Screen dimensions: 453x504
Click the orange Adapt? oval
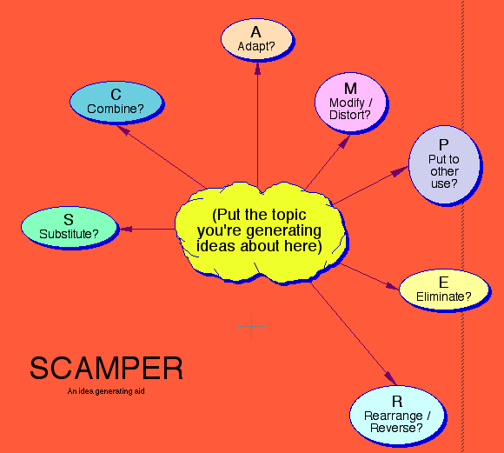coord(256,40)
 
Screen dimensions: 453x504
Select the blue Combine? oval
coord(116,101)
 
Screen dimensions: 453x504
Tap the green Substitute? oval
coord(68,228)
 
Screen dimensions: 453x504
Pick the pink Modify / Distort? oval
coord(350,102)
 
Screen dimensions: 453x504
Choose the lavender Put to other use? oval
coord(444,165)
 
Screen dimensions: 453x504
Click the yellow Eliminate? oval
coord(443,289)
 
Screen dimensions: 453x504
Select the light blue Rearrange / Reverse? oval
coord(396,414)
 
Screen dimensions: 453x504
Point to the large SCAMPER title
coord(106,369)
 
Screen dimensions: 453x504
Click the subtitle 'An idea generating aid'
coord(104,391)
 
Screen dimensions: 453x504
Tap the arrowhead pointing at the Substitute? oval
coord(124,230)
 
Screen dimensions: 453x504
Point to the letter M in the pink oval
coord(350,89)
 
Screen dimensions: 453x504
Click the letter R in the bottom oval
coord(397,401)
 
